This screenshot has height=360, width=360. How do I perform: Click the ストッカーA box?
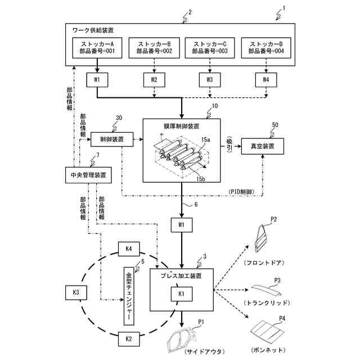97,48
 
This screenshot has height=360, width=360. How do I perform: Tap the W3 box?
209,80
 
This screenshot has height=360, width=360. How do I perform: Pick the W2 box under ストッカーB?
154,80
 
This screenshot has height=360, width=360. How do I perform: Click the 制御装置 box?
112,139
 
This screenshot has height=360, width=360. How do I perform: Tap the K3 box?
76,293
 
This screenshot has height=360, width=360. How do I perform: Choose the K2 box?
128,339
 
